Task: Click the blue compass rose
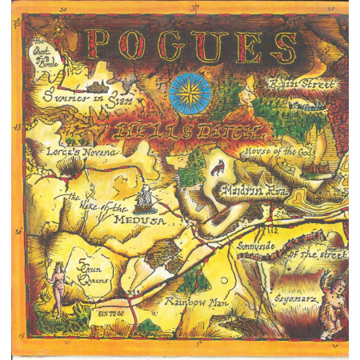(x=190, y=93)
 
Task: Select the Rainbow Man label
(x=190, y=302)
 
